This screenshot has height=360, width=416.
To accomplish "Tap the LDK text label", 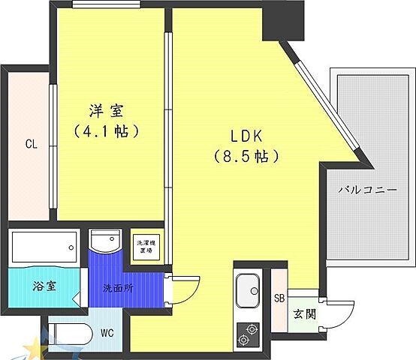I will coord(245,136).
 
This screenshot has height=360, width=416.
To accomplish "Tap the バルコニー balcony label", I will coord(366,190).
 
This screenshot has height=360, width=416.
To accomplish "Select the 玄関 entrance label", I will coord(304,313).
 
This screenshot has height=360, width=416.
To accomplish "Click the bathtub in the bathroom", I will coord(44,244).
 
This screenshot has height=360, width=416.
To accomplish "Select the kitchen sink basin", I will coord(248,288).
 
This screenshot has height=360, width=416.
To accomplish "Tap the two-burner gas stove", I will coord(248,332).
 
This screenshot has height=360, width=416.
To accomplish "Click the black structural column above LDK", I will coord(281,22).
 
